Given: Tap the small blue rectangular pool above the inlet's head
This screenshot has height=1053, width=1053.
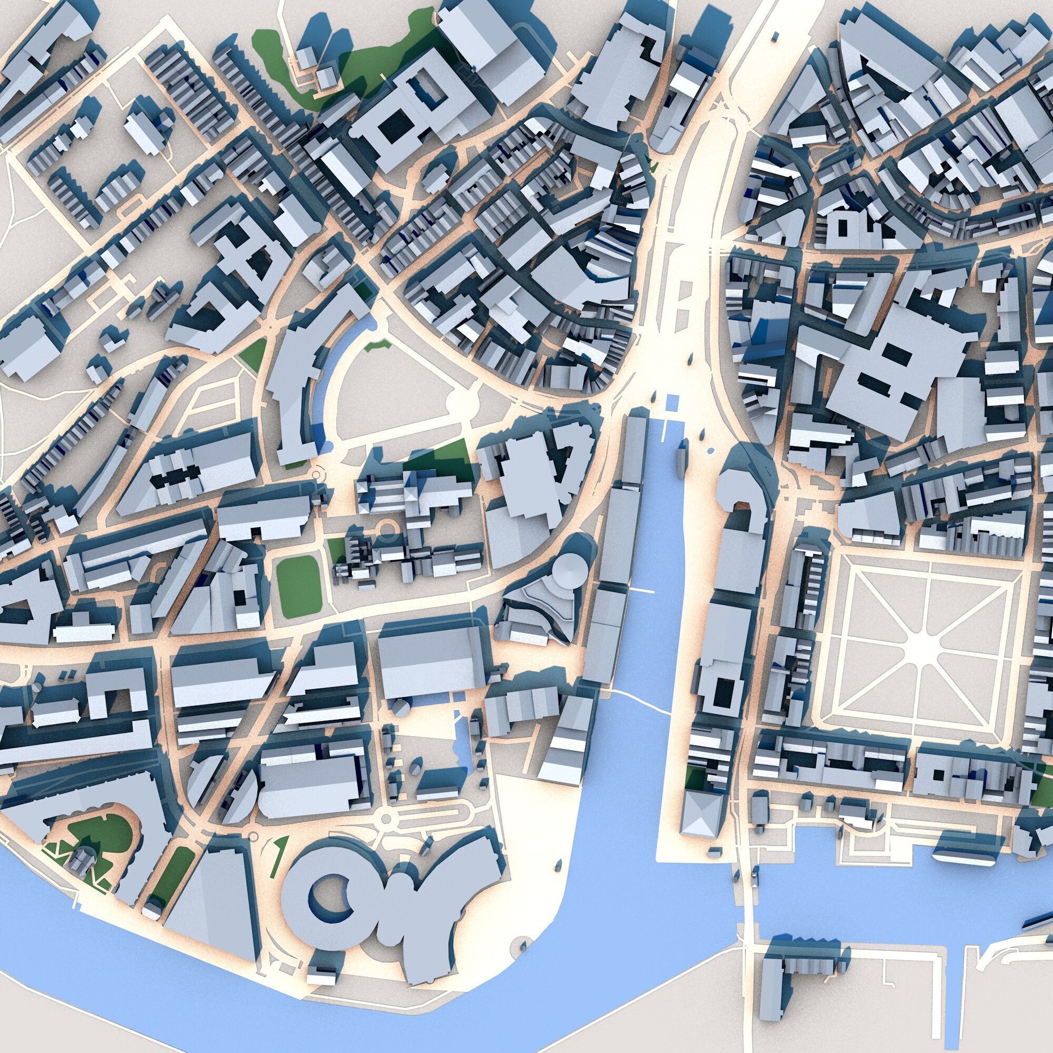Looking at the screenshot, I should [671, 402].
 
